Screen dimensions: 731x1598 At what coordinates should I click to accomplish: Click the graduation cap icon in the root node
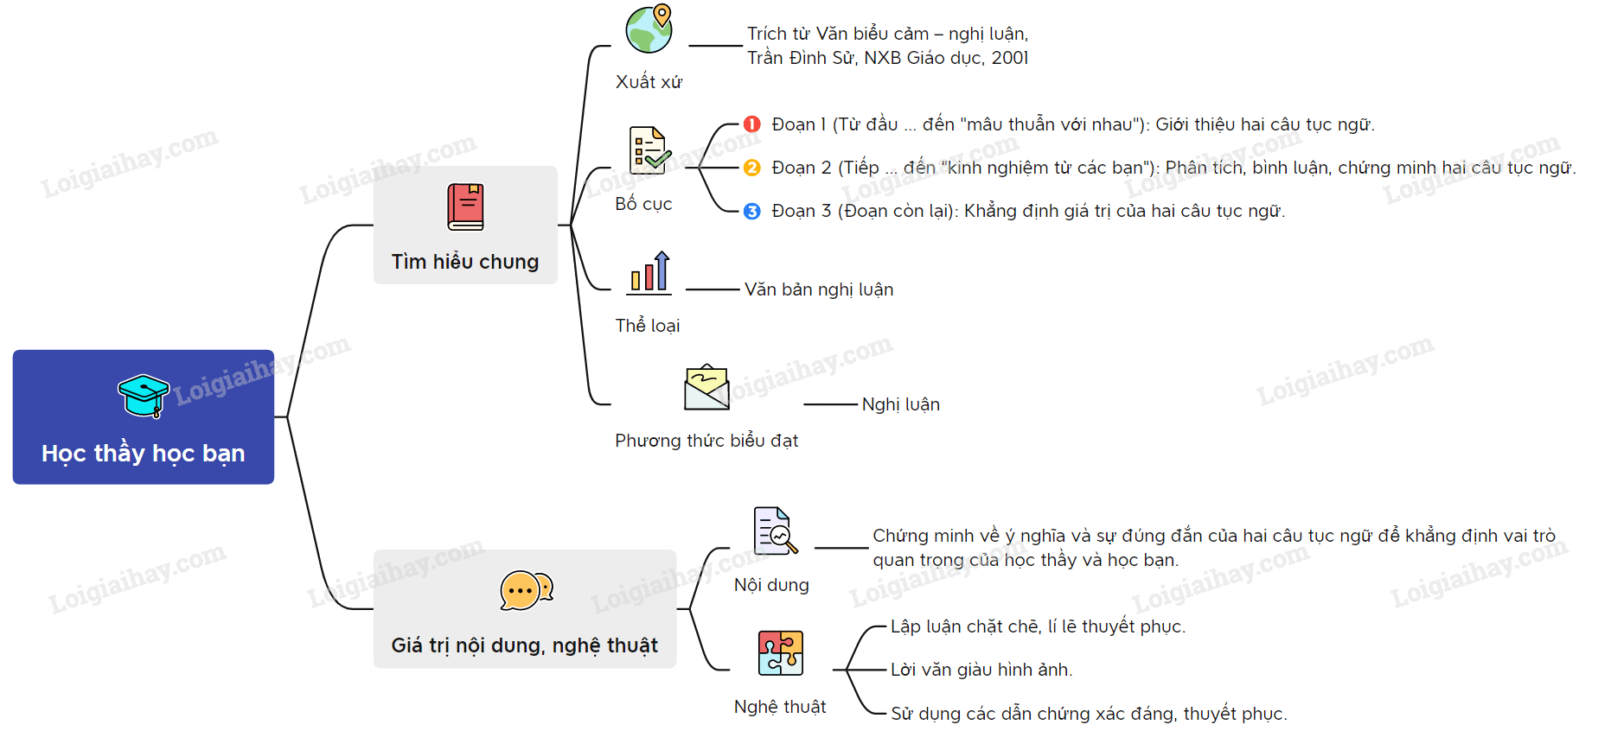[144, 396]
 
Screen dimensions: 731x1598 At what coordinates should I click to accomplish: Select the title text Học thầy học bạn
[144, 454]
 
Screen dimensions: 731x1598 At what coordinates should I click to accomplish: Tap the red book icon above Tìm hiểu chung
[465, 207]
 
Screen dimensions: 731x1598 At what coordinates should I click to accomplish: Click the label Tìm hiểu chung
[465, 262]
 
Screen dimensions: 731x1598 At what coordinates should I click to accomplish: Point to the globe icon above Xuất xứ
[649, 29]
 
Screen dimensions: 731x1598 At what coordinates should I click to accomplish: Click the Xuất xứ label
[649, 82]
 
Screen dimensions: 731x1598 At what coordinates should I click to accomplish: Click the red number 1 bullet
[752, 124]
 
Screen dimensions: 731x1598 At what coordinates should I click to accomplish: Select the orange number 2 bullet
[752, 168]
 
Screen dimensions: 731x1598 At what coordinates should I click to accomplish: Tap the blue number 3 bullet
[752, 211]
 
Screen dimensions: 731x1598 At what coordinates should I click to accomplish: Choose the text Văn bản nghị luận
[819, 289]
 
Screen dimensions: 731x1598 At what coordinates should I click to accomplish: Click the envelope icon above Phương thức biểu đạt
[706, 387]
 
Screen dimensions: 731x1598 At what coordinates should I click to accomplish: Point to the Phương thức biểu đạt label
[706, 441]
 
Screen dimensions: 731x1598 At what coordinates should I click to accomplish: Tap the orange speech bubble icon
[526, 591]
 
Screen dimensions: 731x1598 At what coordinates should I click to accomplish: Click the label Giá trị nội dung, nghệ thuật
[524, 645]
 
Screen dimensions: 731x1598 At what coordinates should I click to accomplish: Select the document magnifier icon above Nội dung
[775, 531]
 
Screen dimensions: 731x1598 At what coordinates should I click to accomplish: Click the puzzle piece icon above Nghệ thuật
[780, 653]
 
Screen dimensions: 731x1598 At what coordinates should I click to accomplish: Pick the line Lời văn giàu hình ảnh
[981, 670]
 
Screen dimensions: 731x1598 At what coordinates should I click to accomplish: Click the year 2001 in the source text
[1010, 58]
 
